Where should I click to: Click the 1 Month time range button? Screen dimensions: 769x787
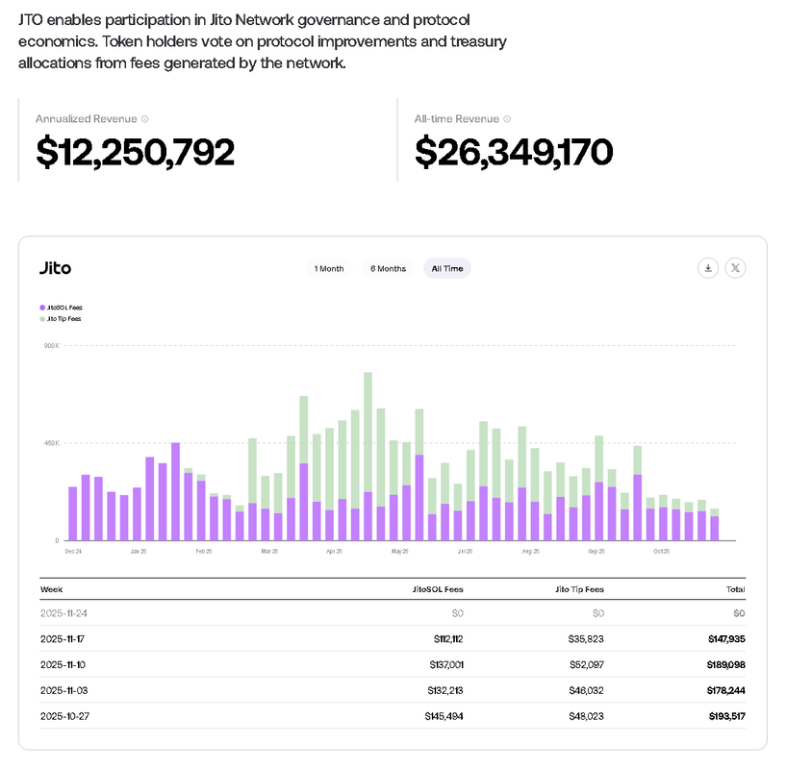(328, 268)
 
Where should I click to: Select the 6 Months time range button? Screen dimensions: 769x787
(388, 268)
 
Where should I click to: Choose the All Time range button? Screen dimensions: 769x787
(447, 268)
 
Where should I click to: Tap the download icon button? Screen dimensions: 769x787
(708, 268)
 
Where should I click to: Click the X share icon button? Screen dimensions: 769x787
(735, 268)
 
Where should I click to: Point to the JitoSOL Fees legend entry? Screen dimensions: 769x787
(61, 308)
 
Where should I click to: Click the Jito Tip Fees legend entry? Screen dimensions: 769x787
(61, 318)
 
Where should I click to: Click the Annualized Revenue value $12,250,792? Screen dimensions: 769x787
(135, 152)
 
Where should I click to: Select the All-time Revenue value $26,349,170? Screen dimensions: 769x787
(514, 152)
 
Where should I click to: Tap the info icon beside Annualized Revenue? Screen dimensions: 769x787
(145, 119)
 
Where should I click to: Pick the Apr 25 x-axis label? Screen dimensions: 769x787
(334, 552)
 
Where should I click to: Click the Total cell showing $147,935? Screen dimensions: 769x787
(725, 638)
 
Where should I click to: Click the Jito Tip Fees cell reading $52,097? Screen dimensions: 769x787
(584, 664)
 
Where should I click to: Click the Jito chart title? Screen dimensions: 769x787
(55, 268)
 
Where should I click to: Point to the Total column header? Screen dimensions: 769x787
(735, 588)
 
